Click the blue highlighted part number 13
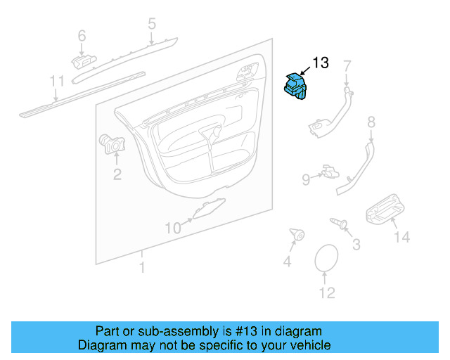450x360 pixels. pos(295,86)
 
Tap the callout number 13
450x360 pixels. pos(321,63)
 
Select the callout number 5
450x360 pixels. pos(152,23)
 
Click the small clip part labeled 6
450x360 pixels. pos(84,62)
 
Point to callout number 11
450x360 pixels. pos(57,81)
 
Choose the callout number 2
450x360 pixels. pos(117,174)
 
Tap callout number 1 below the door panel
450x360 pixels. pos(142,267)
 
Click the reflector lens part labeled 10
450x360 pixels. pos(209,208)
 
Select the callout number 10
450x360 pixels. pos(174,229)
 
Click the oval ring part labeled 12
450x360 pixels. pos(326,257)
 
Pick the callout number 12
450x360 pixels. pos(327,292)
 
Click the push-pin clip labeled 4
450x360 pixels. pos(297,235)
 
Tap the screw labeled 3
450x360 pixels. pos(339,223)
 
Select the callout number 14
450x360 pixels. pos(401,237)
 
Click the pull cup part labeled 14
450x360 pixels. pos(385,210)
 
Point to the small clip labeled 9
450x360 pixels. pos(330,172)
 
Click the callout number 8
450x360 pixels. pos(371,122)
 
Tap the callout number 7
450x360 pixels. pos(347,66)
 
